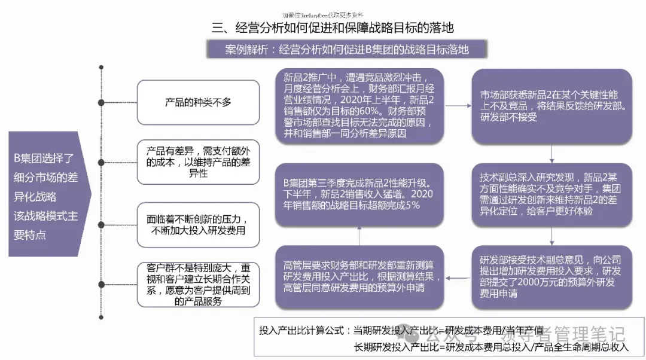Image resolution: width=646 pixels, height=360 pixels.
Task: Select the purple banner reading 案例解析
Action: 346,50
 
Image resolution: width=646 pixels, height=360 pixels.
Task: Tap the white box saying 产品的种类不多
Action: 198,102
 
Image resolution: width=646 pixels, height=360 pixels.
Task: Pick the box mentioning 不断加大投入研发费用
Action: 198,224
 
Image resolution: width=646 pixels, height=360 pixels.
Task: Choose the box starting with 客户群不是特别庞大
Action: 198,285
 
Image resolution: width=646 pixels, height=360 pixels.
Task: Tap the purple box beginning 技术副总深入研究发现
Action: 551,194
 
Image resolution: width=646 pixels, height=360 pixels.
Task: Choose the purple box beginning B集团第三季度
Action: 359,194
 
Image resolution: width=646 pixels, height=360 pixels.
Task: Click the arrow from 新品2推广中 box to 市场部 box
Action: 458,106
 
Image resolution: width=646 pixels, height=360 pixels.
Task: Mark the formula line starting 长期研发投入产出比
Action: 490,347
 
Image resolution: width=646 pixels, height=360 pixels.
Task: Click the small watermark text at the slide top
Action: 322,14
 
